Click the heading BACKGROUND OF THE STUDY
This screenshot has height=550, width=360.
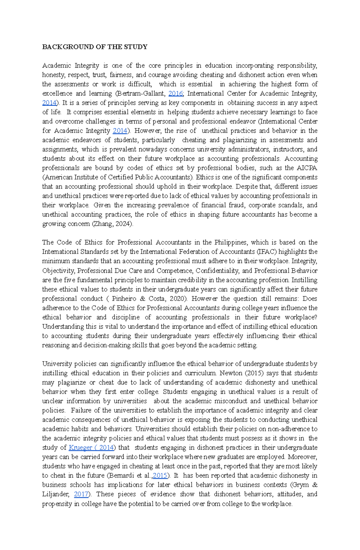[x=94, y=47]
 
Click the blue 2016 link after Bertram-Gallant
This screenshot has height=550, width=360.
[x=175, y=94]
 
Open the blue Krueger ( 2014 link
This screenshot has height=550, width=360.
[x=91, y=448]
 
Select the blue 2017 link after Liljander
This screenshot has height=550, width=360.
[x=81, y=494]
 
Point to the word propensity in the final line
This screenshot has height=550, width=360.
[x=56, y=504]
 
